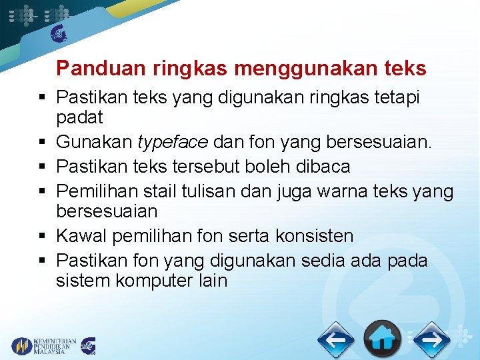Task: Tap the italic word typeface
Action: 171,142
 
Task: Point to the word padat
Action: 79,119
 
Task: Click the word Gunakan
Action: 94,142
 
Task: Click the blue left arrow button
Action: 335,340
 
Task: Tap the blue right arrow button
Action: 431,340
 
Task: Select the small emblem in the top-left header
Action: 59,32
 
